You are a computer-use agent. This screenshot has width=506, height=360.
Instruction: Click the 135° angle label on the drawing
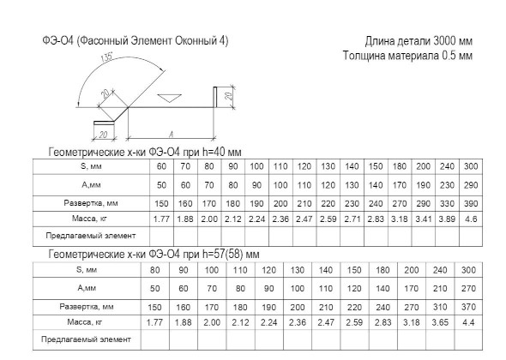click(x=107, y=57)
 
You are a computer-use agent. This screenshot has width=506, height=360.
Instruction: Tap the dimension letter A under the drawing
click(x=171, y=135)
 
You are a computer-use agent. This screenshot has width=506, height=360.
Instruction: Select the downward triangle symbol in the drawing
click(x=169, y=98)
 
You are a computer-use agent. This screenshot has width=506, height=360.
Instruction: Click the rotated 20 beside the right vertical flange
click(x=228, y=96)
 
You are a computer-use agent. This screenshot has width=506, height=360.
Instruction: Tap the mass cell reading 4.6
click(x=471, y=219)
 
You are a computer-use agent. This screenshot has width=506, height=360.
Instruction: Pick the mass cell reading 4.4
click(x=468, y=322)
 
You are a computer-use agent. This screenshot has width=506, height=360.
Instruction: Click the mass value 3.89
click(x=447, y=219)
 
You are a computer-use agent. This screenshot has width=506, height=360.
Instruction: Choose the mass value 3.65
click(x=440, y=322)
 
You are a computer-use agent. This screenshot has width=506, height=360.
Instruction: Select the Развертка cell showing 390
click(x=471, y=203)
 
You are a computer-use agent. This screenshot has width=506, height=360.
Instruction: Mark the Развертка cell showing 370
click(x=468, y=307)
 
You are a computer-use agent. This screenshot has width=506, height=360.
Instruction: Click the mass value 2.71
click(x=352, y=219)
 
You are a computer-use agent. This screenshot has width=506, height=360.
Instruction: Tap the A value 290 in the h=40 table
click(x=471, y=185)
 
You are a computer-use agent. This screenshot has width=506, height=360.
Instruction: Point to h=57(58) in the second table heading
click(x=223, y=255)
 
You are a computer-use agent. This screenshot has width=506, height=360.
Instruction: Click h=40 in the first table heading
click(x=214, y=152)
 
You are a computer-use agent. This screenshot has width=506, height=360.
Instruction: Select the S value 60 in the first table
click(x=161, y=166)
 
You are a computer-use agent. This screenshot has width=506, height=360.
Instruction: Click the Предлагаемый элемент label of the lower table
click(x=86, y=339)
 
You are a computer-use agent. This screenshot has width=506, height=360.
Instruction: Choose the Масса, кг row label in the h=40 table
click(x=89, y=219)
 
